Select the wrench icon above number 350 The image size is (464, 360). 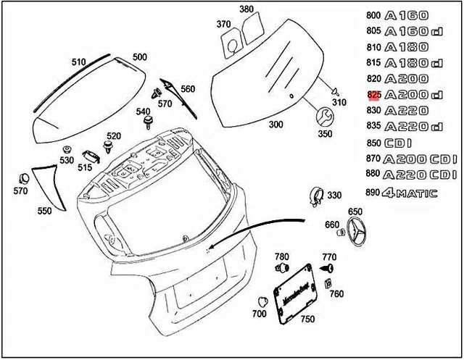point(324,116)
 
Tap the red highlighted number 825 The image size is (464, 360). point(374,95)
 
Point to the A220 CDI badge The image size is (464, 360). point(420,175)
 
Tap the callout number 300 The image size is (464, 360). point(276,125)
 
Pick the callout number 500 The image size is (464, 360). point(139,56)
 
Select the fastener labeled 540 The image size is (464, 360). point(149,118)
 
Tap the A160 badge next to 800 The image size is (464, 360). point(407,15)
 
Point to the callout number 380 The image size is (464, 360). point(246,9)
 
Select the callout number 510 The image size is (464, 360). point(78,62)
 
